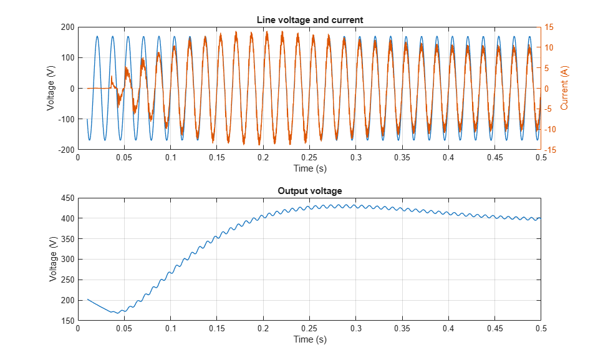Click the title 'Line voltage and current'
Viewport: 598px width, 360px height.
(310, 20)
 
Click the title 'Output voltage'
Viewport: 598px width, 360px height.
(310, 191)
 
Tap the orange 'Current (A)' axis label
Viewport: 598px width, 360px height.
(564, 88)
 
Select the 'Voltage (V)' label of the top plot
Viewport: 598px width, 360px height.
(51, 88)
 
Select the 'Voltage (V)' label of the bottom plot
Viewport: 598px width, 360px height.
(52, 259)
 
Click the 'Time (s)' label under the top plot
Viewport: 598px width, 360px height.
(310, 168)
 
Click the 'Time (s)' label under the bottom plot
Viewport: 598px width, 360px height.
(310, 339)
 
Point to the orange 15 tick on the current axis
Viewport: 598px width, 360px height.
(549, 27)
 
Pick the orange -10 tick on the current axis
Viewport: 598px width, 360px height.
(550, 129)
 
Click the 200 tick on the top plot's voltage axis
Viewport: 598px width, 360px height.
(67, 27)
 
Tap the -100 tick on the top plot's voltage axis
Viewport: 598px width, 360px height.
(66, 119)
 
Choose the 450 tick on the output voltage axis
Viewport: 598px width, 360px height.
(67, 198)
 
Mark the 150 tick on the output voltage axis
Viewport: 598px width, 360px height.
(67, 321)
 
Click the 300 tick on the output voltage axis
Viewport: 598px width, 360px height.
(67, 260)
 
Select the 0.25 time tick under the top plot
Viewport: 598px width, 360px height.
(309, 158)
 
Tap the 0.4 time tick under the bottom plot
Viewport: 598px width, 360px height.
(448, 329)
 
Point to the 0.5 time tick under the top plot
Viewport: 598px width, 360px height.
(541, 158)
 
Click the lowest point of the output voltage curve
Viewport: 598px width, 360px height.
(118, 313)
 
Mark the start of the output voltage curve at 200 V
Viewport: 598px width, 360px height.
(87, 299)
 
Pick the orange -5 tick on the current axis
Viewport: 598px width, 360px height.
(548, 109)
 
